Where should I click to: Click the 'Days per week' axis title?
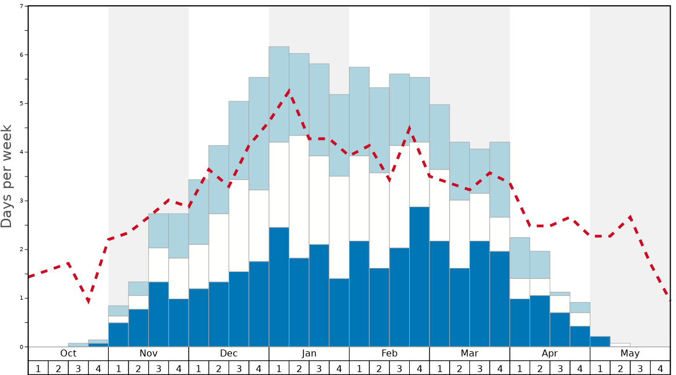coord(7,176)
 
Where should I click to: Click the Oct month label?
coord(68,354)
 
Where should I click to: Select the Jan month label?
coord(309,354)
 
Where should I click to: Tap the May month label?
coord(630,354)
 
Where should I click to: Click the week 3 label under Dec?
coord(239,368)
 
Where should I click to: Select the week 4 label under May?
coord(660,368)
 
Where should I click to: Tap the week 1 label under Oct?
coord(38,368)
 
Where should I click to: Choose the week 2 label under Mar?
coord(460,368)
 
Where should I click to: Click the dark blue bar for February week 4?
coord(420,277)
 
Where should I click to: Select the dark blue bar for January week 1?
coord(279,287)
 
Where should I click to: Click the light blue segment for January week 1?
coord(279,94)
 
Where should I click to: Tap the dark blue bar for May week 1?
coord(600,341)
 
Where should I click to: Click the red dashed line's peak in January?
coord(289,90)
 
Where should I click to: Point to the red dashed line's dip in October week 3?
coord(88,302)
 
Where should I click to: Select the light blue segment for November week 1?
coord(119,311)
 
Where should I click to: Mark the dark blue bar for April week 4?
coord(580,336)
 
